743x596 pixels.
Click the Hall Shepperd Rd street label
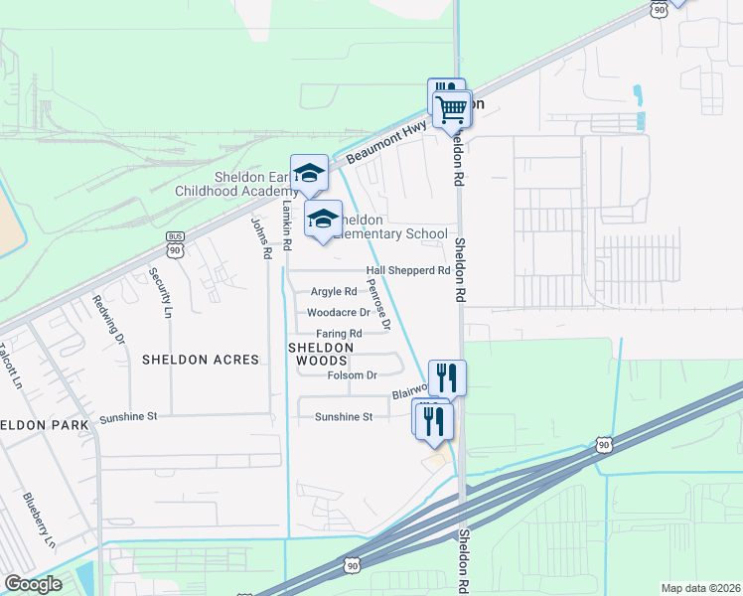point(408,270)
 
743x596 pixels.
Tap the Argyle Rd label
point(334,292)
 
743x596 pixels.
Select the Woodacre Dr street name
point(340,312)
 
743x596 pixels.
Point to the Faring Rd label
point(339,334)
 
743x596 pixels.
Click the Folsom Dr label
point(353,375)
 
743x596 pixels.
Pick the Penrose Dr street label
point(378,304)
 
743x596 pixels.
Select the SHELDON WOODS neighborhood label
point(321,354)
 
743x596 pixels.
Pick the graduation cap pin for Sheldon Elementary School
point(323,219)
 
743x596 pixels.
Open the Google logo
point(33,585)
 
